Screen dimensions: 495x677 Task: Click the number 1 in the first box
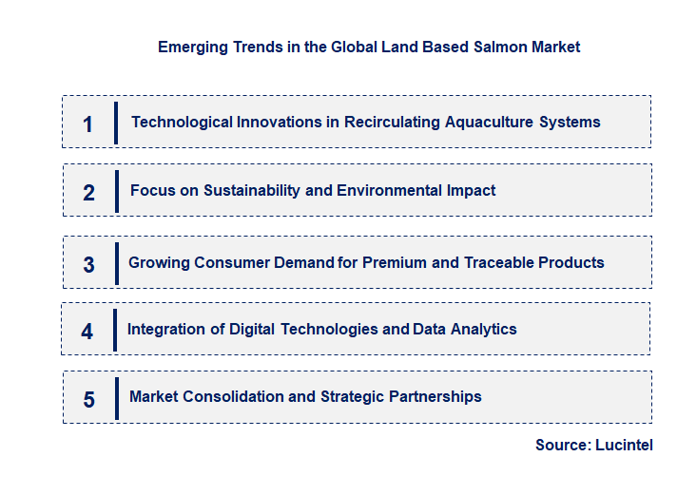[87, 124]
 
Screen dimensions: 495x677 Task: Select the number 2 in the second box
[88, 193]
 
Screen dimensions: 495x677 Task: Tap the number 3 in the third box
[88, 265]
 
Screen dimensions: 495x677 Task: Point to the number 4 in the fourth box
[87, 332]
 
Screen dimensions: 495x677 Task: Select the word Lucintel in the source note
[624, 445]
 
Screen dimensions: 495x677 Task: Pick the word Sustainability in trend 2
[251, 190]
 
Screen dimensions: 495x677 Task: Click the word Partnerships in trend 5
[435, 396]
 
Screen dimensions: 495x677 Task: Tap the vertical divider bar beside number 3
[116, 262]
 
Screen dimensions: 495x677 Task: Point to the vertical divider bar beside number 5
[116, 397]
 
